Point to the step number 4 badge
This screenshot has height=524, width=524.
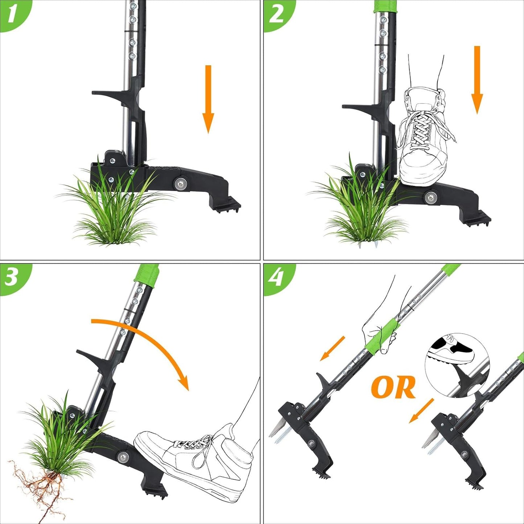coord(276,277)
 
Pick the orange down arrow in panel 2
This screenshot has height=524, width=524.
coord(477,80)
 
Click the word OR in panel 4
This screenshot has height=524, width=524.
coord(393,387)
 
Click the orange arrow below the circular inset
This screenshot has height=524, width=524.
coord(421,410)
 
